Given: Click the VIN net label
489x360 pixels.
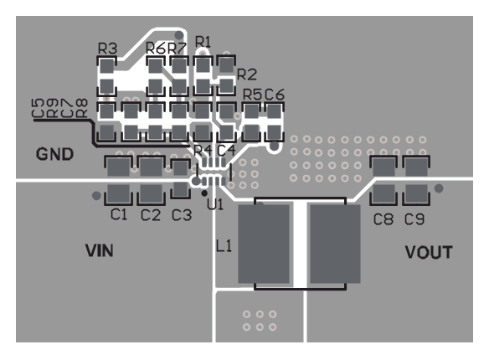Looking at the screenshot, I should point(100,250).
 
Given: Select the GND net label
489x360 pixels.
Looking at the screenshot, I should point(54,155).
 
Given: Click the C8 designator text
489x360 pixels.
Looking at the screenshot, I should point(383,220).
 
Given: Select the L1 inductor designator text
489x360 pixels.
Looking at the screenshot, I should point(224,247).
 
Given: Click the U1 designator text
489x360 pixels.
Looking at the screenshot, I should point(215,203).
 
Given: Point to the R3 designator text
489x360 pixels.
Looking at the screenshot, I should point(107,49).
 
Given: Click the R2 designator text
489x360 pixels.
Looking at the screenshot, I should point(247,74).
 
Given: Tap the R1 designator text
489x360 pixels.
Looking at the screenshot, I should point(203,40).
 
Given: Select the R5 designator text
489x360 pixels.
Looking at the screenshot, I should point(251,95).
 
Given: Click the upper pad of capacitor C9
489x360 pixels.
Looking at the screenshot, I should point(415,169).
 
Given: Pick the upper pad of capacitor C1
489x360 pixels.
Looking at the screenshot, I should point(118,167).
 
